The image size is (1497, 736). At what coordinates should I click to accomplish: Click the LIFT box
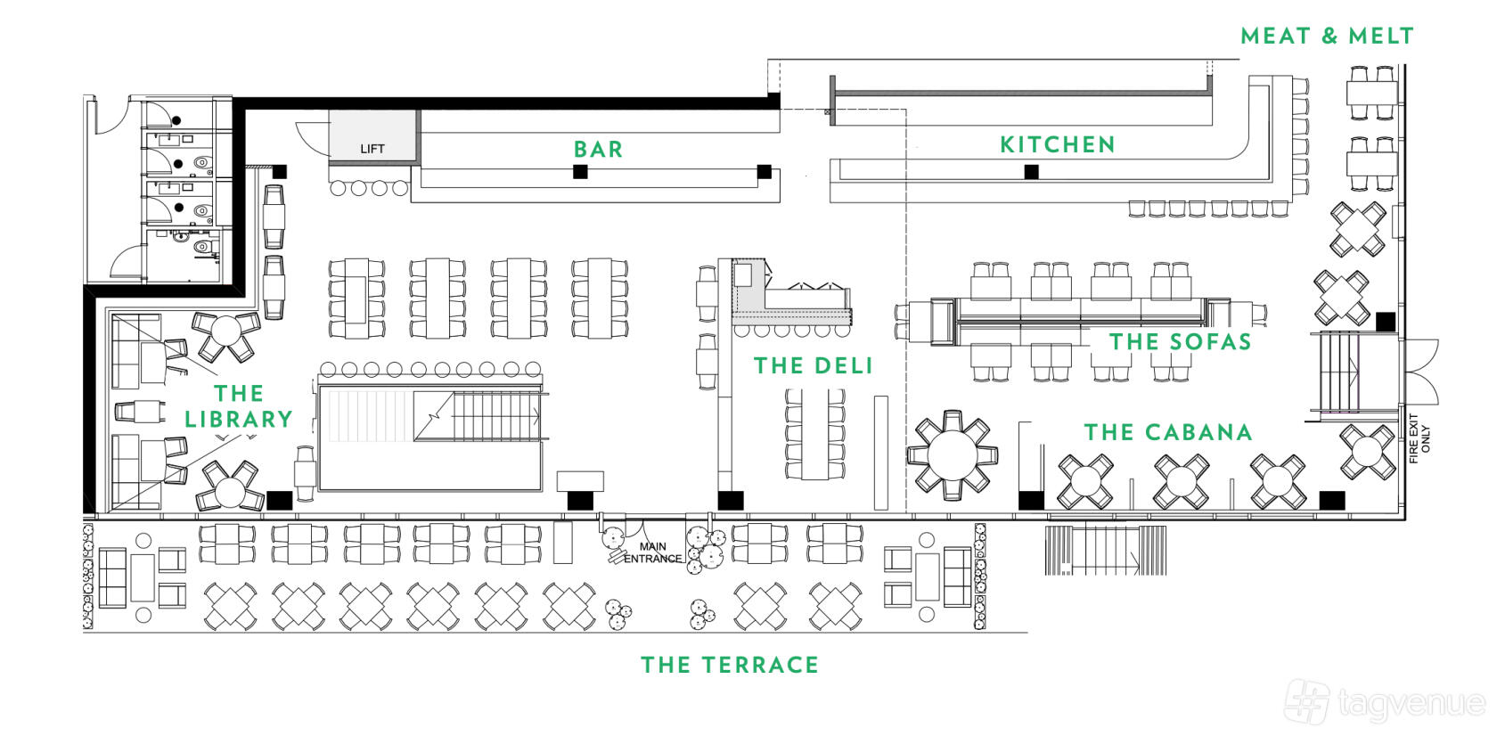[373, 137]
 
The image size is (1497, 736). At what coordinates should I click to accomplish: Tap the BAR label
[598, 150]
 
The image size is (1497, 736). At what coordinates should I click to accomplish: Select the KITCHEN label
[1057, 144]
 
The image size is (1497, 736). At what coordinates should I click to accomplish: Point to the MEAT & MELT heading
[1327, 37]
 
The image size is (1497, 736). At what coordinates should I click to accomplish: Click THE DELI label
[813, 365]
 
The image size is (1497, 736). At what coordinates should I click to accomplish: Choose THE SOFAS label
[1180, 341]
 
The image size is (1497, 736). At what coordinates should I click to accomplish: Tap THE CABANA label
[1167, 432]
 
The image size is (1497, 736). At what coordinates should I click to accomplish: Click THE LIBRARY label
[239, 406]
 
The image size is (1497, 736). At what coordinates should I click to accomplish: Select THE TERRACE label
[729, 665]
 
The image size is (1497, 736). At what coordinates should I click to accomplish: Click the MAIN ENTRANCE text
[653, 553]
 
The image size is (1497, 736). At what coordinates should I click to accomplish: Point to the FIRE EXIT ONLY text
[1419, 438]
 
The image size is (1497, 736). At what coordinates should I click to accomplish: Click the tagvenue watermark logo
[1387, 702]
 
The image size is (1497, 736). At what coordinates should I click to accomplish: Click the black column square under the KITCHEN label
[1031, 172]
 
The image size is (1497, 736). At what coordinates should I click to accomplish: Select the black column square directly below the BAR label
[580, 172]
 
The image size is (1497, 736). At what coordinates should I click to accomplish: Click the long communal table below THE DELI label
[814, 434]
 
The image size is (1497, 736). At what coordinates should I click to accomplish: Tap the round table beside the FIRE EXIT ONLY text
[1367, 452]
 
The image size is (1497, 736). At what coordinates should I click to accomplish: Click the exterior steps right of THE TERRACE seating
[1105, 551]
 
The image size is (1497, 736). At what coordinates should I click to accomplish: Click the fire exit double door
[1421, 370]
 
